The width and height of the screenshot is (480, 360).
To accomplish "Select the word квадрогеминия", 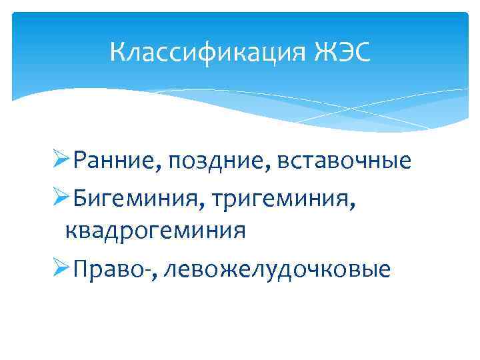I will [x=155, y=231].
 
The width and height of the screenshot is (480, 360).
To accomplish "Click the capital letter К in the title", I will [x=117, y=51].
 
